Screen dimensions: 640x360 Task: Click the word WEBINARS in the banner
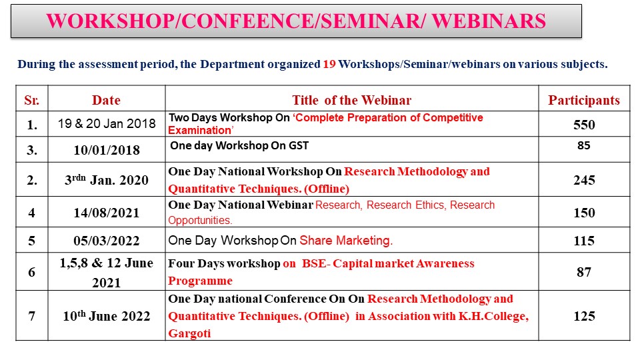(489, 21)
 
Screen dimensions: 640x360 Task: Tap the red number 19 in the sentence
(329, 64)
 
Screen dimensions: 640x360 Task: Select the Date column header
(106, 100)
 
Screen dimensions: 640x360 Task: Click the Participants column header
(584, 100)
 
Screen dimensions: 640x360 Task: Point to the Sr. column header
(32, 100)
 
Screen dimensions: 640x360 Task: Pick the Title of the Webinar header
(351, 100)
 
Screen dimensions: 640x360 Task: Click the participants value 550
(584, 125)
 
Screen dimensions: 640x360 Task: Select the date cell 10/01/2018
(107, 150)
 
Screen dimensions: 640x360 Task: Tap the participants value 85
(584, 145)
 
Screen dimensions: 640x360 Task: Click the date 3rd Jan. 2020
(107, 179)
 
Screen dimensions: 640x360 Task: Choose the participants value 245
(584, 180)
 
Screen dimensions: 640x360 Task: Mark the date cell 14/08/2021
(107, 213)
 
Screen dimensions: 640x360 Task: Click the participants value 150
(584, 213)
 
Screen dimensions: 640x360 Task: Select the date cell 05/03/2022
(107, 241)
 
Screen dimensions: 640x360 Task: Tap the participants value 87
(584, 272)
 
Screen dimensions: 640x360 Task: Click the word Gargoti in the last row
(189, 333)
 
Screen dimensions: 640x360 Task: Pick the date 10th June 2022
(107, 315)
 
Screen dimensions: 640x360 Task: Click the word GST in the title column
(299, 146)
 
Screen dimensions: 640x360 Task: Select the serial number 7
(32, 316)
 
